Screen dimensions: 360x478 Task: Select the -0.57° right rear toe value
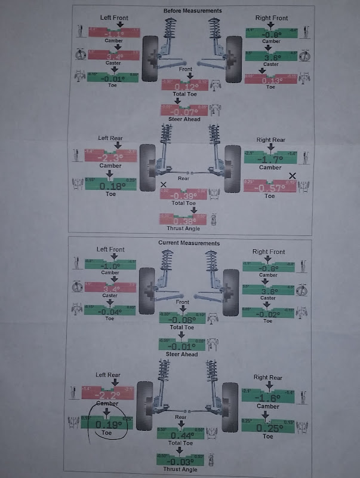tap(269, 186)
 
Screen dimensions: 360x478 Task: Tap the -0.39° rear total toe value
tap(184, 195)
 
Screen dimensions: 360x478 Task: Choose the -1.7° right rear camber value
tap(269, 159)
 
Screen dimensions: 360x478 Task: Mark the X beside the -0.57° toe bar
tap(292, 176)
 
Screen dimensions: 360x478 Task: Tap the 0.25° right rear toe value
tap(269, 427)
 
